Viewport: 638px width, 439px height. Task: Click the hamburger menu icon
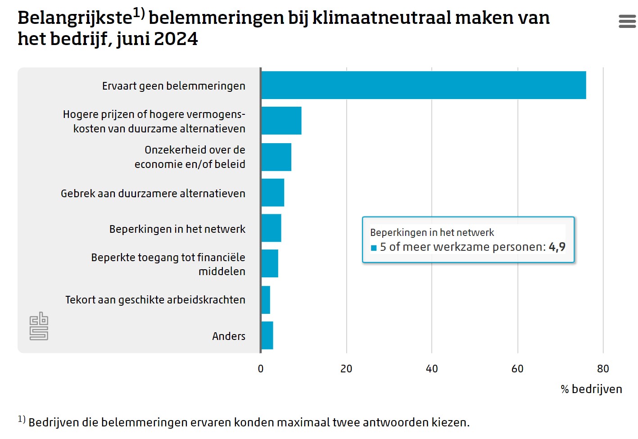coord(627,21)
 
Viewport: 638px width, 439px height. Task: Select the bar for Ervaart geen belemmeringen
coord(423,85)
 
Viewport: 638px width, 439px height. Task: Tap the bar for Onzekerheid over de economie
coord(276,157)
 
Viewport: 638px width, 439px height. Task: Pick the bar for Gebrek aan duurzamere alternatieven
coord(272,193)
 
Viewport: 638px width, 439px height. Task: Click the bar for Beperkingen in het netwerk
coord(271,228)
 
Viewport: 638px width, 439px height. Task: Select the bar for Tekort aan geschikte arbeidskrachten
coord(266,300)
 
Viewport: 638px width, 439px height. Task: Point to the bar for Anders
coord(267,335)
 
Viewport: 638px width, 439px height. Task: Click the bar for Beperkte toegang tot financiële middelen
coord(270,264)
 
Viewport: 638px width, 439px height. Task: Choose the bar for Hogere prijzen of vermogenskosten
coord(281,121)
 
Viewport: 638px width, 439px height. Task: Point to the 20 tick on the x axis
coord(346,369)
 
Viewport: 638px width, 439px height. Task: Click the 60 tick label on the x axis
coord(517,369)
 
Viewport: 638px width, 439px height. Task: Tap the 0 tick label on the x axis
coord(261,369)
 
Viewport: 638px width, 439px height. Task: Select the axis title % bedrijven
coord(591,389)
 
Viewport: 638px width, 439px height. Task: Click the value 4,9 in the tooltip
coord(557,247)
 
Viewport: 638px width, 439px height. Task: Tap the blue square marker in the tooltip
coord(374,248)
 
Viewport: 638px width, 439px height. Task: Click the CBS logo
coord(39,326)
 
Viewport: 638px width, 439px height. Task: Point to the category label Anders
coord(229,336)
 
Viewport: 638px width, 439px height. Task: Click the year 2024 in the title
coord(176,39)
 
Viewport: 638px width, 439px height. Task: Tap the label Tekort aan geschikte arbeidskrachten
coord(155,300)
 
